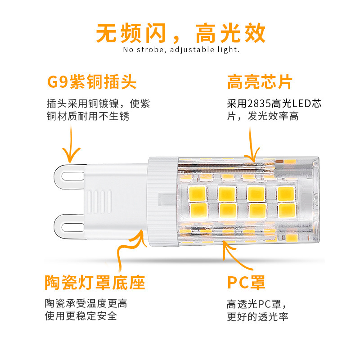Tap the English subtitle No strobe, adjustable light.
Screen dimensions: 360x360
[x=181, y=50]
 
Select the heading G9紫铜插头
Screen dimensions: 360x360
[x=92, y=83]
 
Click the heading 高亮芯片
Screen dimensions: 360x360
[x=260, y=83]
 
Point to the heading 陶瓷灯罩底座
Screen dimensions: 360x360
[x=95, y=283]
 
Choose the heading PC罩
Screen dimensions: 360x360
[x=246, y=283]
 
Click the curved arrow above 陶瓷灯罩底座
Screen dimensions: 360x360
[x=128, y=254]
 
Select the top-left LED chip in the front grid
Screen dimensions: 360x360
[x=196, y=193]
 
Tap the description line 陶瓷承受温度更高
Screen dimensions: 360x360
[x=85, y=303]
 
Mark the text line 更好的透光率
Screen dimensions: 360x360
[x=257, y=316]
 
